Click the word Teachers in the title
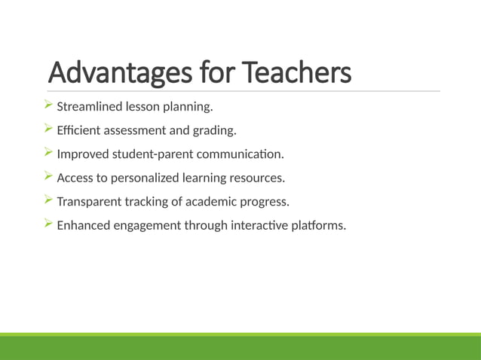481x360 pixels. pos(298,73)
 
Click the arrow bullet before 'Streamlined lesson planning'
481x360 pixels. pos(48,106)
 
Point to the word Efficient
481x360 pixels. pos(78,130)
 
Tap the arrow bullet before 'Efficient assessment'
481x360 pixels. pos(48,130)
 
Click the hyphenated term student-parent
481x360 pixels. pos(148,154)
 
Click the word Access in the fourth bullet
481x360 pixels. pos(75,178)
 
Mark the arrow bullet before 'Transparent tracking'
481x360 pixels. pos(48,201)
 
